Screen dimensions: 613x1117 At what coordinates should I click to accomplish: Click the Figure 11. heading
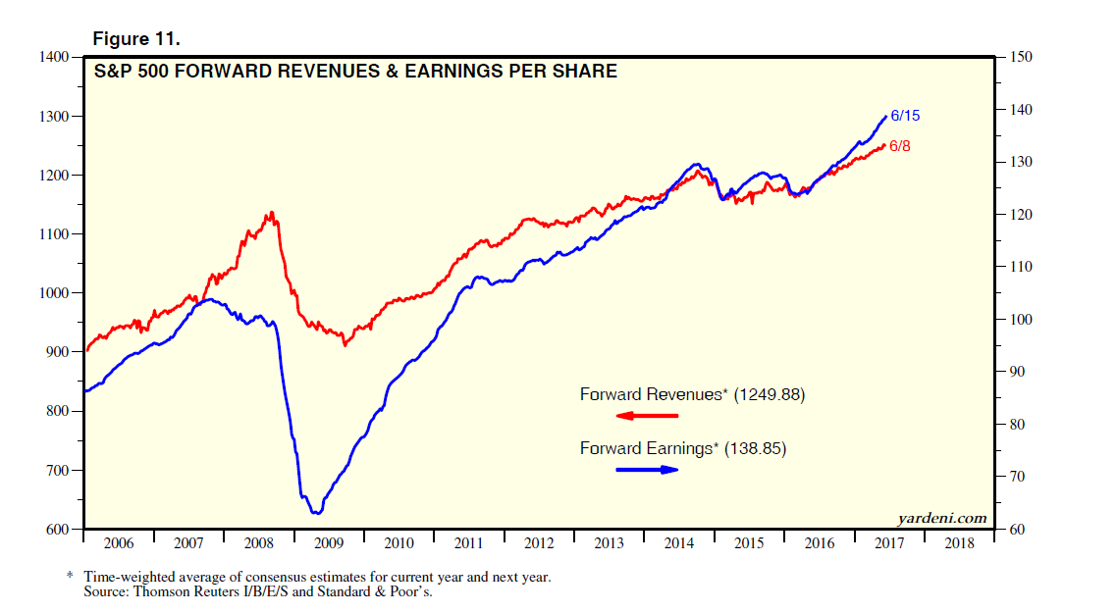135,38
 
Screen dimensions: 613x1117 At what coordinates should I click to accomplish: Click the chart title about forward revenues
355,71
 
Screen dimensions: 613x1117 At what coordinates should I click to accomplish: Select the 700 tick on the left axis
57,471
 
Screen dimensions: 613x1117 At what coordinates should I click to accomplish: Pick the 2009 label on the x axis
328,541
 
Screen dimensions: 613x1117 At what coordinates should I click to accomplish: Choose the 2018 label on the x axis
958,541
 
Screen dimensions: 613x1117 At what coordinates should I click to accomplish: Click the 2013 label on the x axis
609,541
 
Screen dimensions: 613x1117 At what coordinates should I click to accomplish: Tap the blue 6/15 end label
905,116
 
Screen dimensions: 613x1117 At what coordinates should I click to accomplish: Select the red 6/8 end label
901,145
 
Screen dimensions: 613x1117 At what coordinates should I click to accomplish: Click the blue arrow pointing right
648,470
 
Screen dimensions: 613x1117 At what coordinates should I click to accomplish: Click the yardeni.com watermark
941,517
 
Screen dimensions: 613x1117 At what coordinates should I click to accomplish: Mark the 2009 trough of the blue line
315,512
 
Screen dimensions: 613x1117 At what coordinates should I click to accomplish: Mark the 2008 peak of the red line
271,213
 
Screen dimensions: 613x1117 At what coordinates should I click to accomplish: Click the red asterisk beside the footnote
70,577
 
